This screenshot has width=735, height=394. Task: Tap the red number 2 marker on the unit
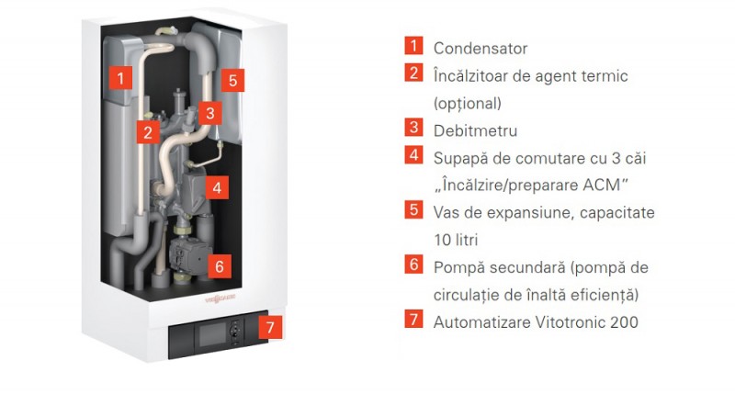147,130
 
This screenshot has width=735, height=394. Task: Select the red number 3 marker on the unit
209,114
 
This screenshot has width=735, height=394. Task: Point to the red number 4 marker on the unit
217,187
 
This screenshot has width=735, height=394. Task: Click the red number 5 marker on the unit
234,80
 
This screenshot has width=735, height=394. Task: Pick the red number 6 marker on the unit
218,265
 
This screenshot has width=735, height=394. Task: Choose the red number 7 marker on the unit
269,325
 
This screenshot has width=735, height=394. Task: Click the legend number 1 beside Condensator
414,47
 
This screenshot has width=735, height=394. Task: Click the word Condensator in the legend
481,48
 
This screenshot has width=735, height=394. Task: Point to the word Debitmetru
475,130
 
